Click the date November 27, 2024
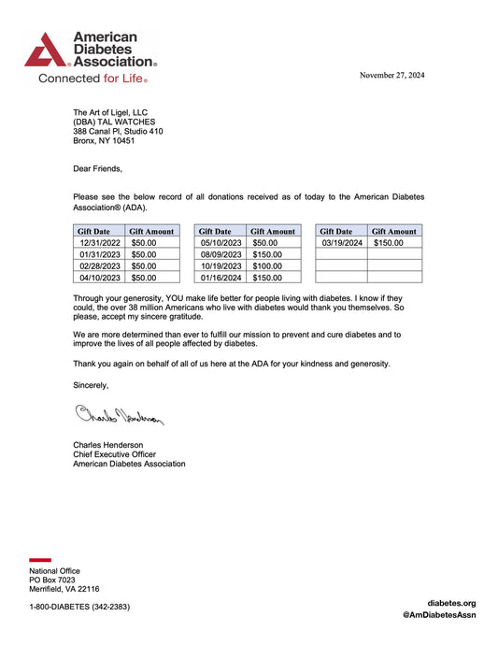(x=391, y=75)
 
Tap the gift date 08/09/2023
(x=220, y=254)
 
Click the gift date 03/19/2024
(x=341, y=242)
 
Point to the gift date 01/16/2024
(x=220, y=277)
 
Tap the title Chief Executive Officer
(x=117, y=454)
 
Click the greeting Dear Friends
(x=97, y=169)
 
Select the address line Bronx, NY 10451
(x=104, y=141)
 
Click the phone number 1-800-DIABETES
(x=79, y=606)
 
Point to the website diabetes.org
(x=451, y=603)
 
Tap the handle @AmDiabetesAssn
(x=439, y=615)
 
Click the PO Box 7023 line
(x=52, y=580)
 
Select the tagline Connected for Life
(x=92, y=79)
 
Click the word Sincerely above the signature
(x=91, y=385)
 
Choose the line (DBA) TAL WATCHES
(x=115, y=122)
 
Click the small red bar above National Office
(x=40, y=560)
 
